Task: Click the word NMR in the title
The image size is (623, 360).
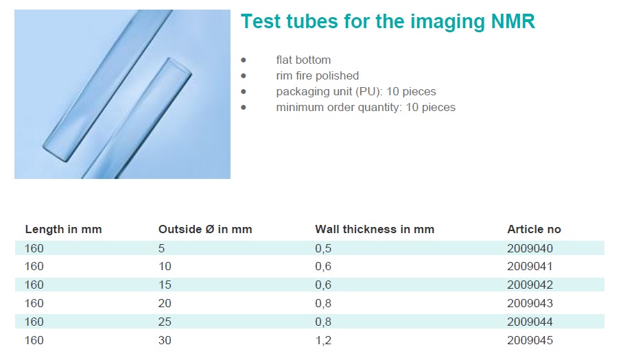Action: pos(513,21)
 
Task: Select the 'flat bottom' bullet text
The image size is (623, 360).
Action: pos(303,60)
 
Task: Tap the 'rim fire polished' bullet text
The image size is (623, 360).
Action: pos(318,76)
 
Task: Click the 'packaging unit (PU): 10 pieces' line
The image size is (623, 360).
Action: pos(356,92)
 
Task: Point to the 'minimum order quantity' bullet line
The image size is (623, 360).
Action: pos(366,108)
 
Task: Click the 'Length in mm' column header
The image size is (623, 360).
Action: pos(64,230)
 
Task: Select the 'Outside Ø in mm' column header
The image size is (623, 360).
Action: pos(205,230)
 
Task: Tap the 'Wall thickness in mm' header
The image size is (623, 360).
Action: pos(375,230)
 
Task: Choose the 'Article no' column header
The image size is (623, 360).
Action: pos(534,230)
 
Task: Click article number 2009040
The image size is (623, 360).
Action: pos(530,248)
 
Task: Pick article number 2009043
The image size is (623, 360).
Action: pos(530,303)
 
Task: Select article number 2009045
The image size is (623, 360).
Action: pos(530,340)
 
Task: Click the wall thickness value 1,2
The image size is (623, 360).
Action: pos(323,341)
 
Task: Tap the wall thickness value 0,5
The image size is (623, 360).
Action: pos(323,249)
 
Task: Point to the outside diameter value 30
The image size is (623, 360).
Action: pos(165,340)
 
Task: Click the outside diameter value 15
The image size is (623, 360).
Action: pos(165,285)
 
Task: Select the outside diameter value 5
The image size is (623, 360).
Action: pos(161,248)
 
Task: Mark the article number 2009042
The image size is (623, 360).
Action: pos(530,285)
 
